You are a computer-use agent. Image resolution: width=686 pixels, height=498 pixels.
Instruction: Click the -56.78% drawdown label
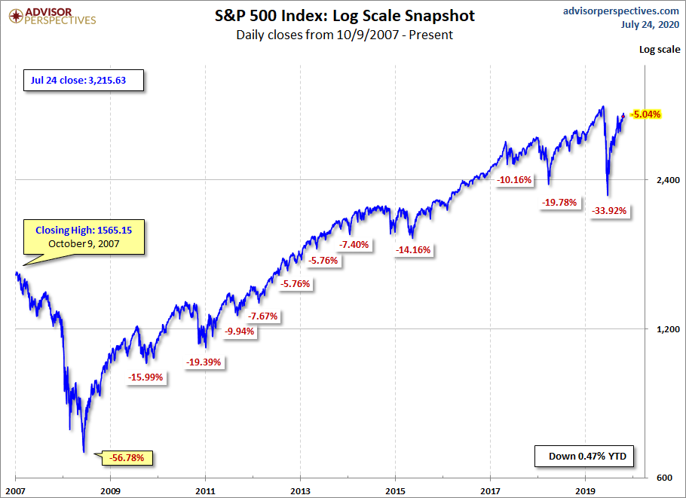pyautogui.click(x=132, y=457)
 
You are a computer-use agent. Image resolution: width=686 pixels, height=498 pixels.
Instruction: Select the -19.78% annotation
pyautogui.click(x=559, y=202)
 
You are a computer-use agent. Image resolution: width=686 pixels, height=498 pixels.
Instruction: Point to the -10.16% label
pyautogui.click(x=515, y=180)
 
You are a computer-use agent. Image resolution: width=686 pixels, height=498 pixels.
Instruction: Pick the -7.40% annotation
pyautogui.click(x=354, y=245)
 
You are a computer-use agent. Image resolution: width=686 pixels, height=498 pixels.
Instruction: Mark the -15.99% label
pyautogui.click(x=146, y=377)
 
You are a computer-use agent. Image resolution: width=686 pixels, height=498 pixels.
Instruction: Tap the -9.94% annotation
pyautogui.click(x=240, y=331)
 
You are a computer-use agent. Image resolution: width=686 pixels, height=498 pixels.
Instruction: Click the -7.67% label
pyautogui.click(x=263, y=316)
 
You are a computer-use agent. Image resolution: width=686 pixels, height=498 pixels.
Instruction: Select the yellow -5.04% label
pyautogui.click(x=645, y=115)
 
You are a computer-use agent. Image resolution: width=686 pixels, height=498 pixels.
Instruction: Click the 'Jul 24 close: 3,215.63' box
pyautogui.click(x=83, y=79)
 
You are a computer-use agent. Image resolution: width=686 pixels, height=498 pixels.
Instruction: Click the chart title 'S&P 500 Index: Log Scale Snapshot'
pyautogui.click(x=344, y=16)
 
